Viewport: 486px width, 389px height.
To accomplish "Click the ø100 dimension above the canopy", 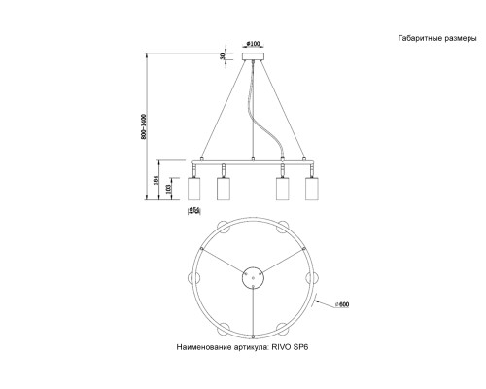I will click(252, 44).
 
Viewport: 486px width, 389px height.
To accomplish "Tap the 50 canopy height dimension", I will click(223, 57).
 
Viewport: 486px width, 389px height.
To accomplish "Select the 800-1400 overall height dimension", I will click(143, 126).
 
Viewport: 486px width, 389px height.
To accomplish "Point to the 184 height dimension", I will click(156, 181).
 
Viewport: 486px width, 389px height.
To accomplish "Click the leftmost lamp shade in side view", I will click(195, 190).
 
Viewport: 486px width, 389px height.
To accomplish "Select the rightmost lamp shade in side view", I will click(312, 190).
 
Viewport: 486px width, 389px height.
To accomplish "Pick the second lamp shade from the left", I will click(224, 190).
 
